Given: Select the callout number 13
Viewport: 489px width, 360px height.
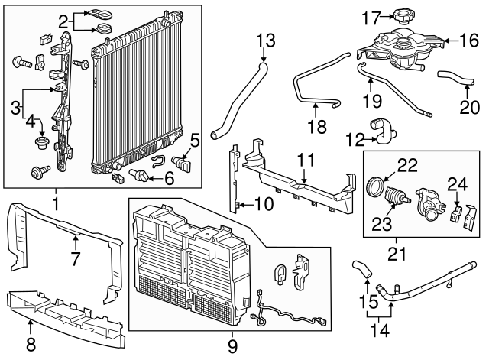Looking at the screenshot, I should click(x=264, y=40).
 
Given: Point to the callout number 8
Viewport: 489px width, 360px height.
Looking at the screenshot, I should click(x=31, y=344).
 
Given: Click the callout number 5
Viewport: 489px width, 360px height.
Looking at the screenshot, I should click(x=195, y=140).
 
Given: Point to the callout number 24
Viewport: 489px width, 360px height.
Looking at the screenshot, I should click(x=457, y=183).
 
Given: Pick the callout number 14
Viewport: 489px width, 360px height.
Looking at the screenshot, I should click(x=381, y=330).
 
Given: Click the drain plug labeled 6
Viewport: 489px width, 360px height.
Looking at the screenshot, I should click(x=142, y=177).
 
